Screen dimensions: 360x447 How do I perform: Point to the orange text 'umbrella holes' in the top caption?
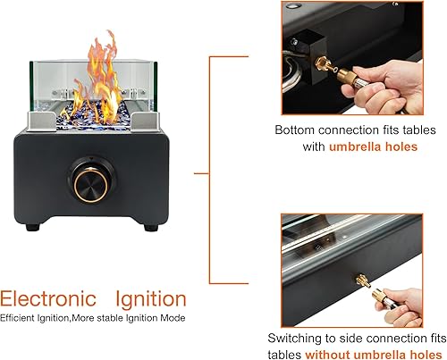(375, 146)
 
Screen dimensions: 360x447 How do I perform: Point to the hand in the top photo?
(398, 76)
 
